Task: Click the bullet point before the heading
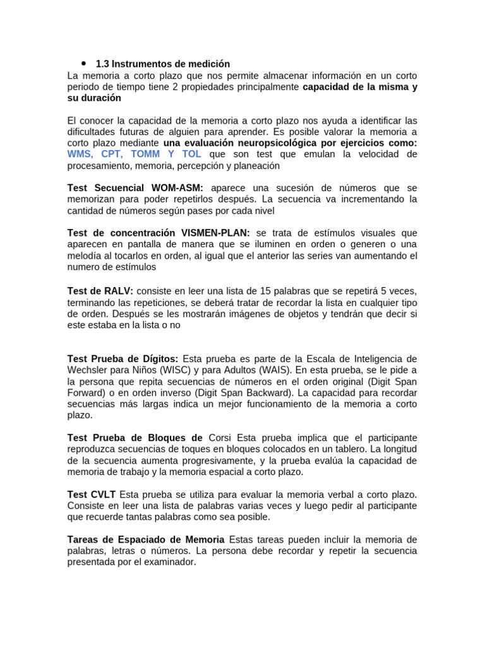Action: (83, 64)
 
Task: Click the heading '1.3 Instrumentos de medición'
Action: (162, 64)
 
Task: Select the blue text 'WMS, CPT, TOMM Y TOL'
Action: (135, 155)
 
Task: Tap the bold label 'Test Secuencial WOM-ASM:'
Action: (136, 188)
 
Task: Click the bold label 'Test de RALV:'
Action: (100, 291)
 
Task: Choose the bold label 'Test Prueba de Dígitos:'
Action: (123, 359)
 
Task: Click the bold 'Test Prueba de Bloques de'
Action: (135, 438)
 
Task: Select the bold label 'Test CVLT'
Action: (91, 495)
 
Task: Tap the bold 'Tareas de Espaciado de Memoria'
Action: (146, 540)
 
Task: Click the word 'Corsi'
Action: (221, 438)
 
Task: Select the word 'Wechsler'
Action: (87, 370)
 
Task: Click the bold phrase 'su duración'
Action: (94, 98)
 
